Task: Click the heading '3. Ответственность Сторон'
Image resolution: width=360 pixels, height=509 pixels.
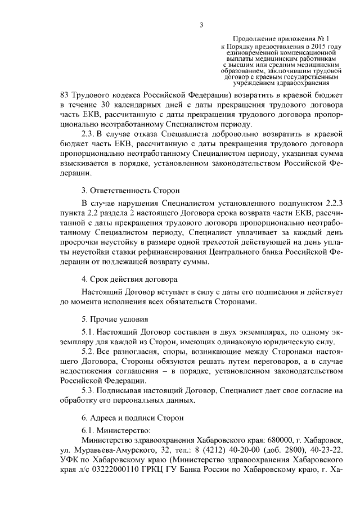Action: (x=129, y=191)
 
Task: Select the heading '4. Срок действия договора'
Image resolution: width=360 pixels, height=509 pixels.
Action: (x=129, y=279)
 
